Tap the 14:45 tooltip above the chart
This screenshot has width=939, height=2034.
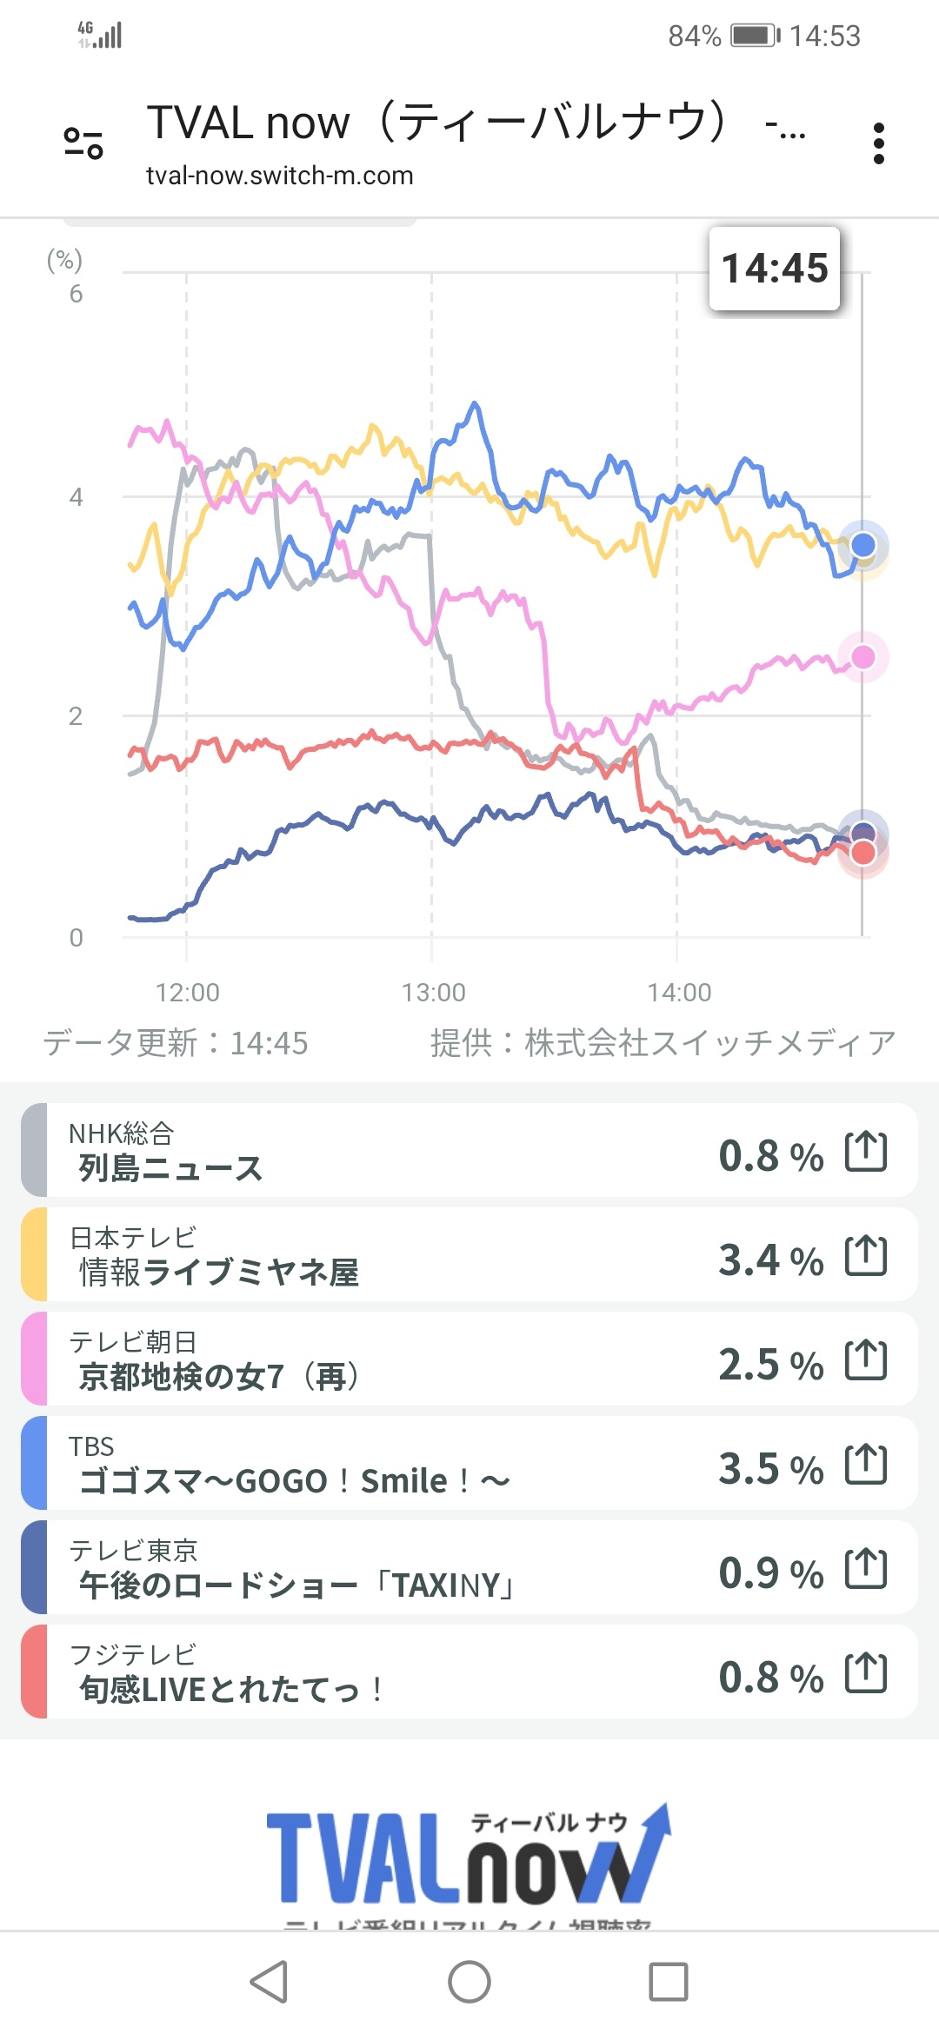775,269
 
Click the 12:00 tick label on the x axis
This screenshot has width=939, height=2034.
188,992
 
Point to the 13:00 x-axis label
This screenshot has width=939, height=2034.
434,992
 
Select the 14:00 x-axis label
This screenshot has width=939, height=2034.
679,992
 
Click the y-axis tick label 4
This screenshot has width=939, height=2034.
77,497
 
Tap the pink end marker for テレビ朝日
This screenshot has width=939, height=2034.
862,657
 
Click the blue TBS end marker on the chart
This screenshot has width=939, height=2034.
862,545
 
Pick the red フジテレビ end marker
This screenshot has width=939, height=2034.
862,853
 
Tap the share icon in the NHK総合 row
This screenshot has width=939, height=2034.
866,1152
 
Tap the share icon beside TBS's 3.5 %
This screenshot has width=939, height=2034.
866,1465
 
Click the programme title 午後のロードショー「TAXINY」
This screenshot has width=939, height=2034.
296,1585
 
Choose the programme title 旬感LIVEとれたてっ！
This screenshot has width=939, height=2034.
231,1690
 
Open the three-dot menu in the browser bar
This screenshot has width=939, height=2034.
878,143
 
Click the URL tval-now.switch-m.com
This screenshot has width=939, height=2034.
279,176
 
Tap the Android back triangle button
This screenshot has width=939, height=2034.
269,1982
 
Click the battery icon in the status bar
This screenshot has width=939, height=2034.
755,36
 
